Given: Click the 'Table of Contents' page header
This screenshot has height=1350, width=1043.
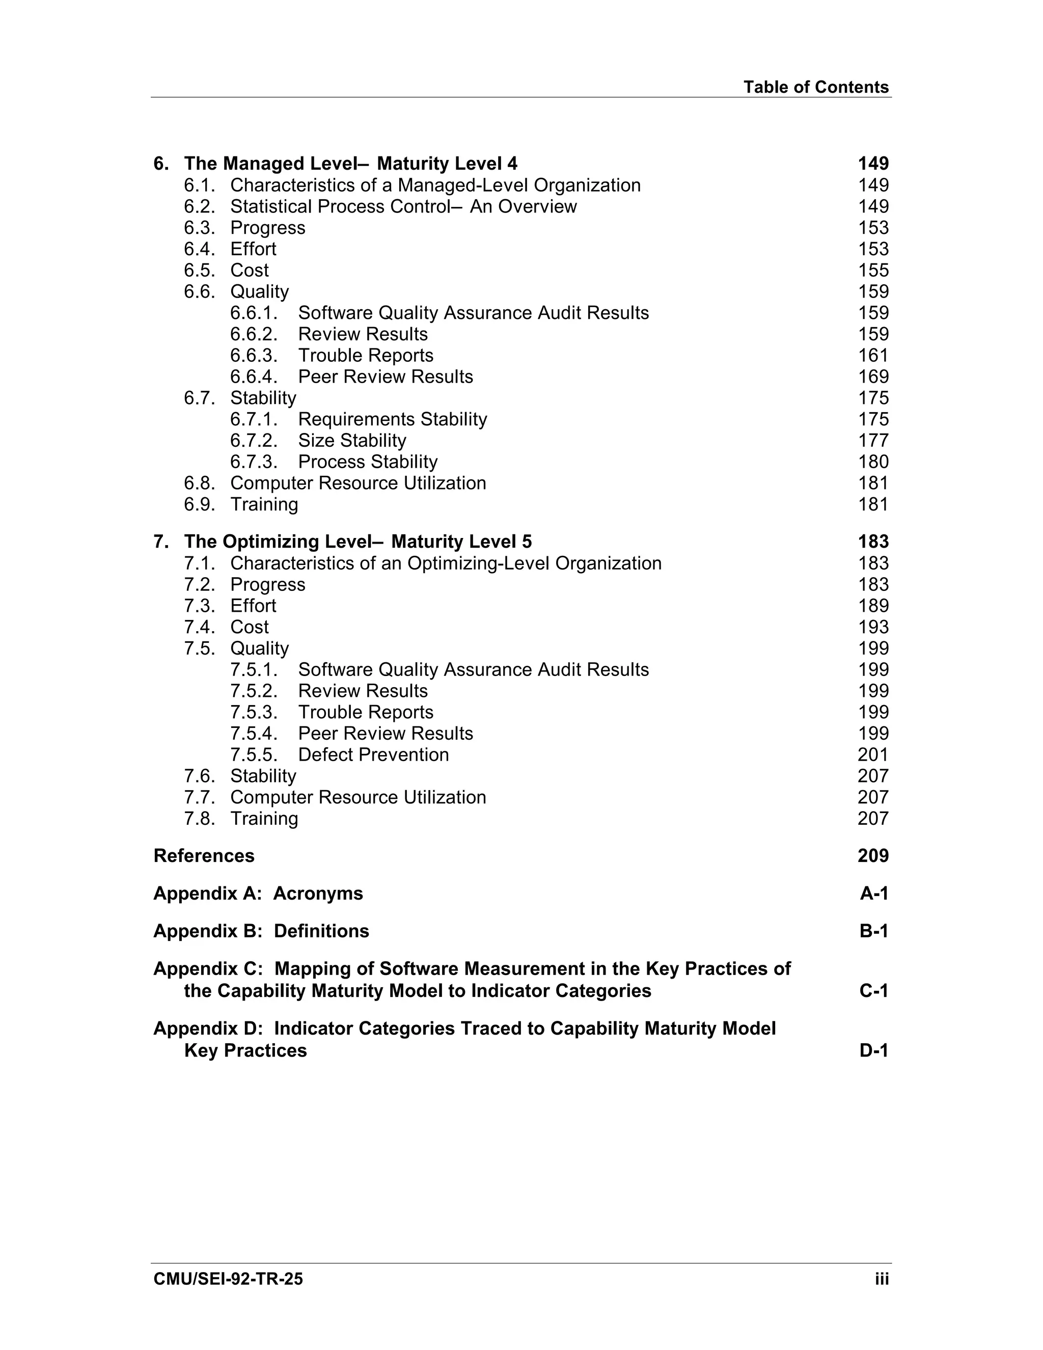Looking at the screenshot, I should pyautogui.click(x=816, y=87).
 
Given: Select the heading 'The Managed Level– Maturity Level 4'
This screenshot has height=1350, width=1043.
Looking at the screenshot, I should pyautogui.click(x=350, y=164).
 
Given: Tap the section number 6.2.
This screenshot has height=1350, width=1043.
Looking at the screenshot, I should pyautogui.click(x=199, y=206).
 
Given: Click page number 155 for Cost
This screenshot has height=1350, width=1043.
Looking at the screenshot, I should pyautogui.click(x=872, y=270).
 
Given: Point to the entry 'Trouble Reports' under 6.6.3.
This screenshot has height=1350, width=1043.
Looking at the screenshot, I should pyautogui.click(x=365, y=356).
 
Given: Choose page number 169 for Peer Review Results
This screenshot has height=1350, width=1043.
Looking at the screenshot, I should pyautogui.click(x=872, y=376).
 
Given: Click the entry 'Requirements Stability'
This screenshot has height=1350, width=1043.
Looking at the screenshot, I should pyautogui.click(x=392, y=419).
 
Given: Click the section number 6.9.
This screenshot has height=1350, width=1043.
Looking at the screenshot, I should pyautogui.click(x=199, y=504).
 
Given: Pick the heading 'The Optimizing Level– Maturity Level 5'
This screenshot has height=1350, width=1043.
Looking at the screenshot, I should pyautogui.click(x=357, y=542).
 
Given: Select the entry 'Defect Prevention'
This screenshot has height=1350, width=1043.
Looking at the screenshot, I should pyautogui.click(x=373, y=755).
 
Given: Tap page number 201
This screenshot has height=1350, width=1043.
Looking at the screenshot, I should pyautogui.click(x=872, y=755).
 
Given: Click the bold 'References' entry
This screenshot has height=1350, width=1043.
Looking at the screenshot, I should pyautogui.click(x=204, y=856).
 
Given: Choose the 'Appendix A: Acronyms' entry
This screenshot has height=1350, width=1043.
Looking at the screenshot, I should pyautogui.click(x=258, y=894).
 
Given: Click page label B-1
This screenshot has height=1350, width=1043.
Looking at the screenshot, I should pyautogui.click(x=873, y=932).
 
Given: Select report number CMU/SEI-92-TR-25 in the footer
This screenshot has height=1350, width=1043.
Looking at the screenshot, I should pyautogui.click(x=228, y=1279).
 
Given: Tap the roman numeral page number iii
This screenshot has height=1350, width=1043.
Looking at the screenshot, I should pyautogui.click(x=881, y=1279).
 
